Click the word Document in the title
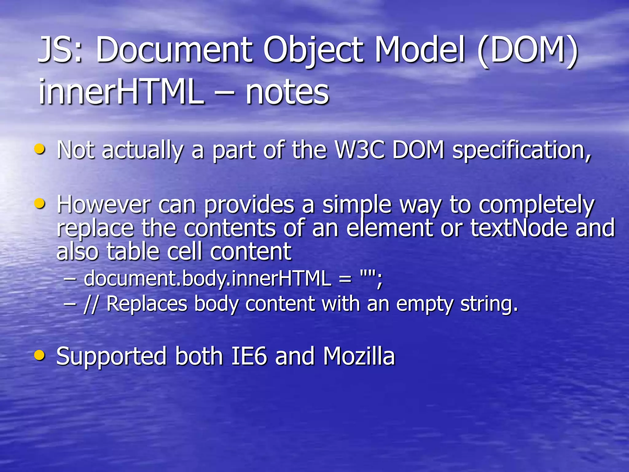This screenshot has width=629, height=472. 174,50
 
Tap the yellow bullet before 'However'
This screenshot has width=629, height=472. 40,203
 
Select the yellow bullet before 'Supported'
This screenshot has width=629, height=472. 40,355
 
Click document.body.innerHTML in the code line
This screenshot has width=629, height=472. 207,278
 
